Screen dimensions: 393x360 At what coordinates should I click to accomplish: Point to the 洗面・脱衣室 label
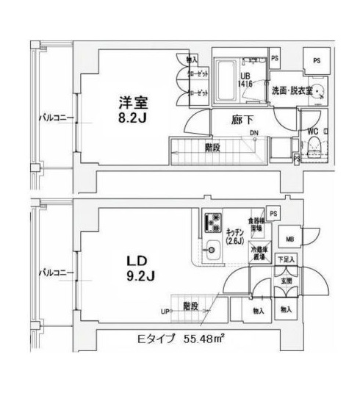tap(292, 91)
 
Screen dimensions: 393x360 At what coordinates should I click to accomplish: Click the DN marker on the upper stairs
tap(253, 133)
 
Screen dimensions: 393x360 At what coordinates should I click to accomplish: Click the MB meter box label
tap(290, 239)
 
